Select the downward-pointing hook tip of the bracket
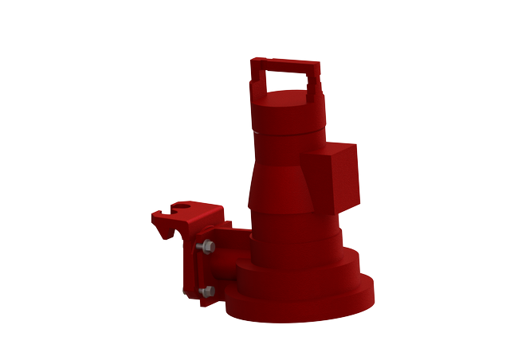[168, 237]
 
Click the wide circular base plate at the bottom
[303, 307]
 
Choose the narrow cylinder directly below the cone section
[291, 227]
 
